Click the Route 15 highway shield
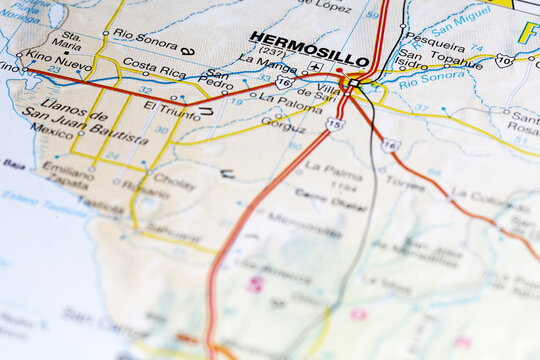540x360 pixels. (334, 125)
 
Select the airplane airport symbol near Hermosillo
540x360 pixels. (316, 67)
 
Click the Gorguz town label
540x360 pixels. (283, 126)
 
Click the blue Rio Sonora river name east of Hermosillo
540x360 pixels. (431, 76)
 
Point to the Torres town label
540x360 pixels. (404, 184)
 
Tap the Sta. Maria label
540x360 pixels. (67, 40)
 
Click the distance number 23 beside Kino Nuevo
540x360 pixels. (54, 69)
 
